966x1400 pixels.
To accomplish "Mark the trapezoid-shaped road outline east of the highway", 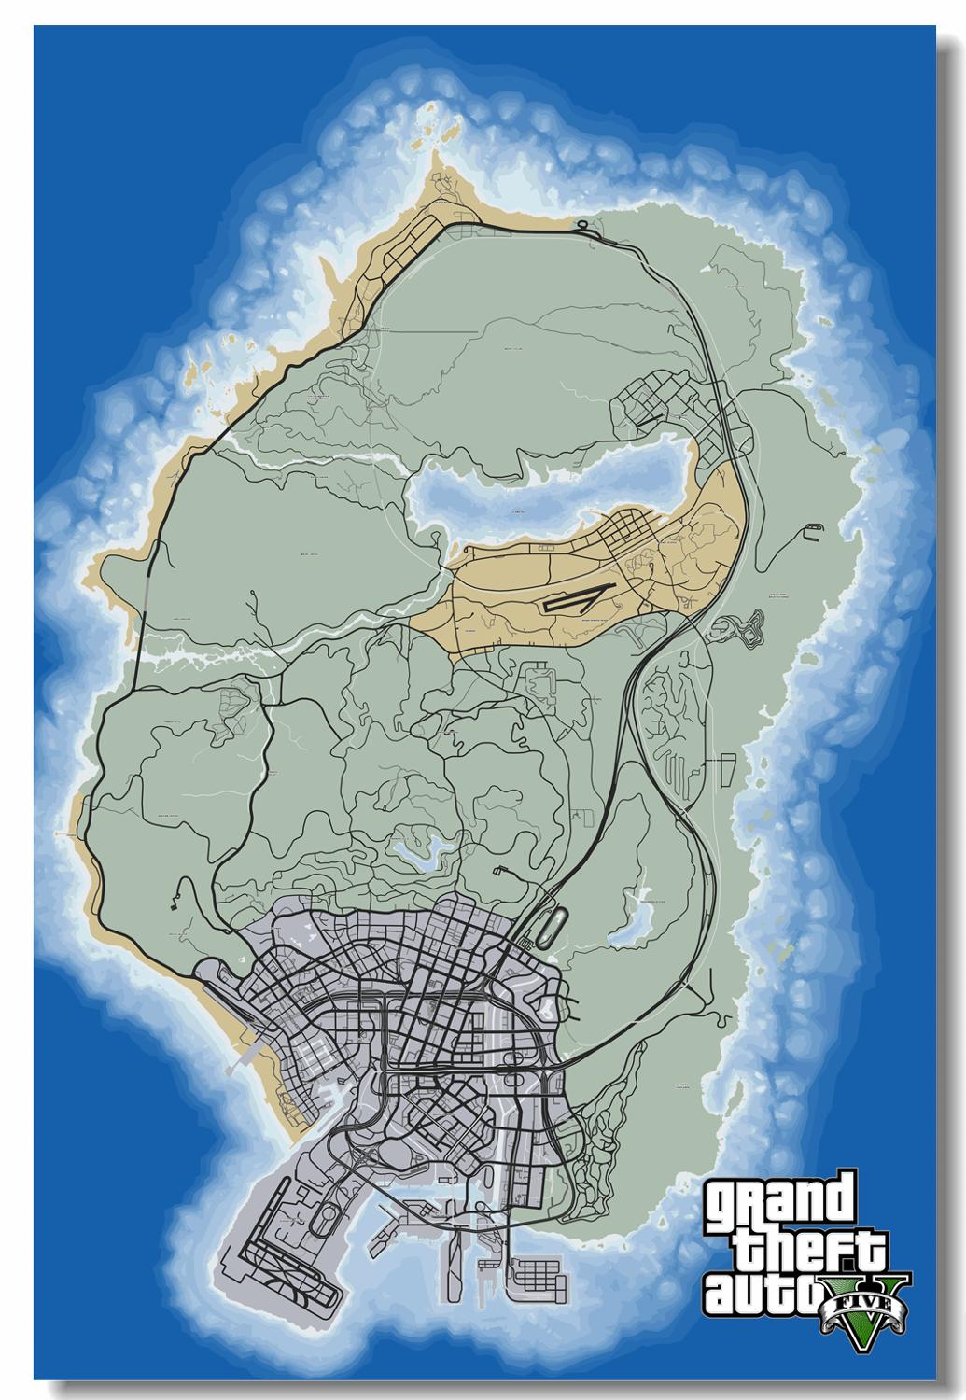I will click(723, 775).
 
